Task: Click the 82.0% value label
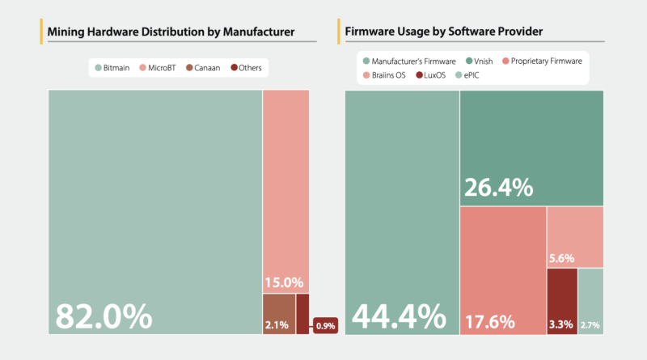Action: (x=104, y=315)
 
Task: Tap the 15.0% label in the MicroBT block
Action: (x=283, y=283)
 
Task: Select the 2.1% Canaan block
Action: (x=278, y=314)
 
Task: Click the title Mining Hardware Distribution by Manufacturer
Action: (x=171, y=32)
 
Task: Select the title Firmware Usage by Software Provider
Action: (x=443, y=32)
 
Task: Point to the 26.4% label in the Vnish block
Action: (x=498, y=187)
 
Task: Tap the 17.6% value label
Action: (x=489, y=321)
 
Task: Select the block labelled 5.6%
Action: (x=575, y=237)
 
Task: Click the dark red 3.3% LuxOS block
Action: (x=562, y=301)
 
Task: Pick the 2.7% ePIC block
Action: (x=591, y=301)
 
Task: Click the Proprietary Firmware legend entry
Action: (x=541, y=60)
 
